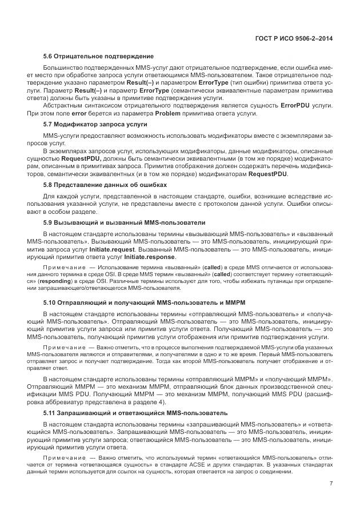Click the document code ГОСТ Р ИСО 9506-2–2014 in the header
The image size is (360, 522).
(295, 38)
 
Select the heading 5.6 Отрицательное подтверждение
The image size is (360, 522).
(98, 56)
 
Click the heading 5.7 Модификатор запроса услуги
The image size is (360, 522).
(95, 124)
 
